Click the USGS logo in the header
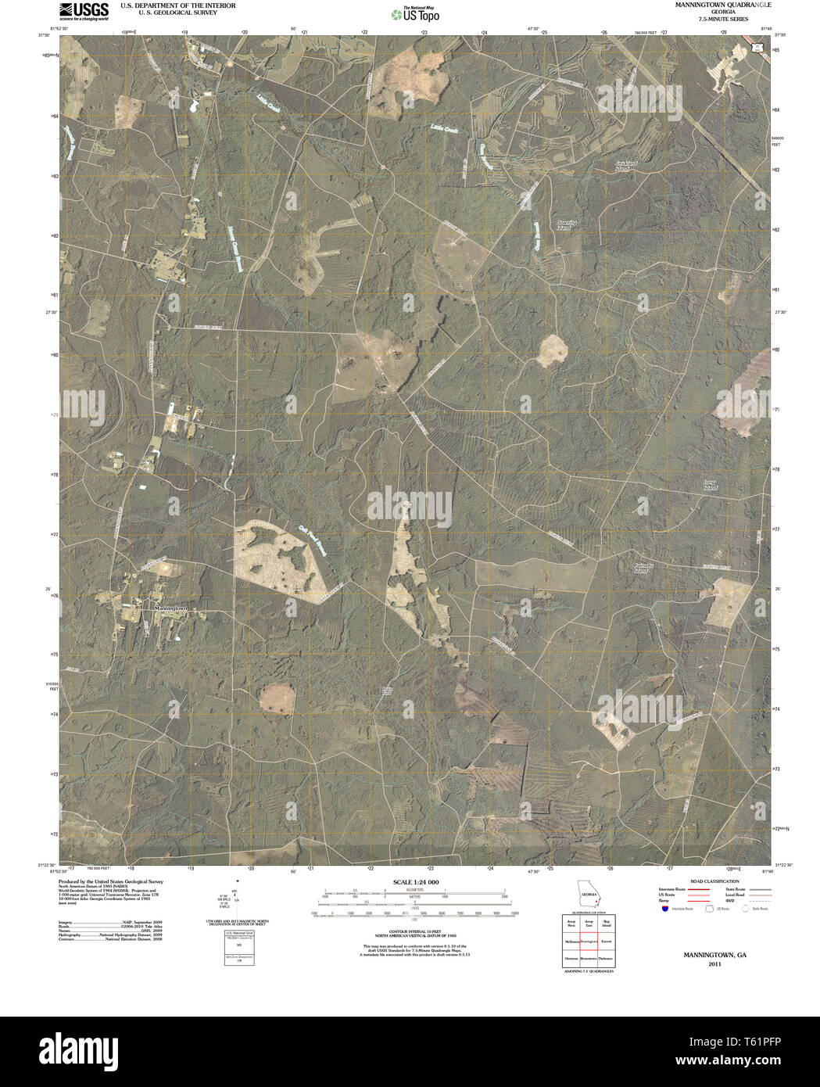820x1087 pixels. [83, 11]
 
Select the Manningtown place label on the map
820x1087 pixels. [171, 608]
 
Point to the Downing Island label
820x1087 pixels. [566, 224]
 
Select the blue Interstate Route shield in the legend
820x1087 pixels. [664, 909]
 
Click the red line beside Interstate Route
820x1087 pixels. [699, 889]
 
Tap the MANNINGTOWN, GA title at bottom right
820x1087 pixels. [714, 955]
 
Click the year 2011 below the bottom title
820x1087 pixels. [714, 964]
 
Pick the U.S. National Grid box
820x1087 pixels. [234, 947]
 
